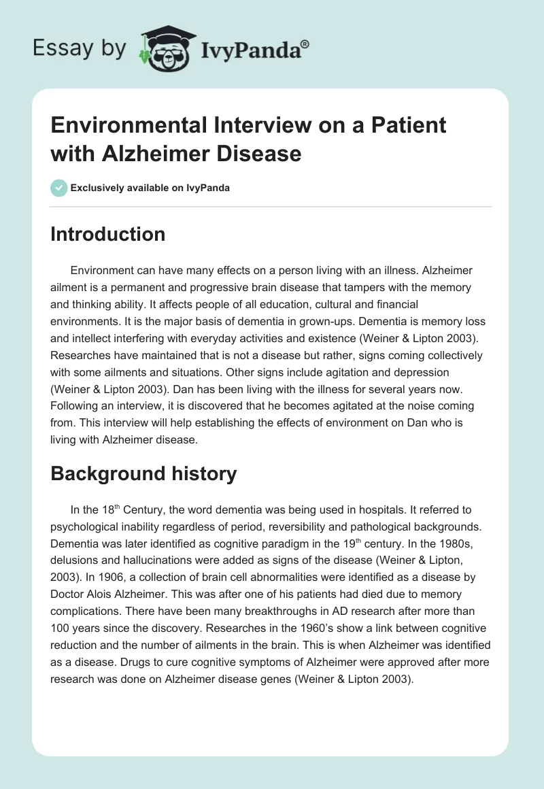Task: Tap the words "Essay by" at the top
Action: click(80, 48)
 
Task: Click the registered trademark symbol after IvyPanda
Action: click(305, 44)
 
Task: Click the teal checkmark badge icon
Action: click(59, 188)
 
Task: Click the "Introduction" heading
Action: click(108, 234)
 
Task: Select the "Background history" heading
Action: click(143, 473)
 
